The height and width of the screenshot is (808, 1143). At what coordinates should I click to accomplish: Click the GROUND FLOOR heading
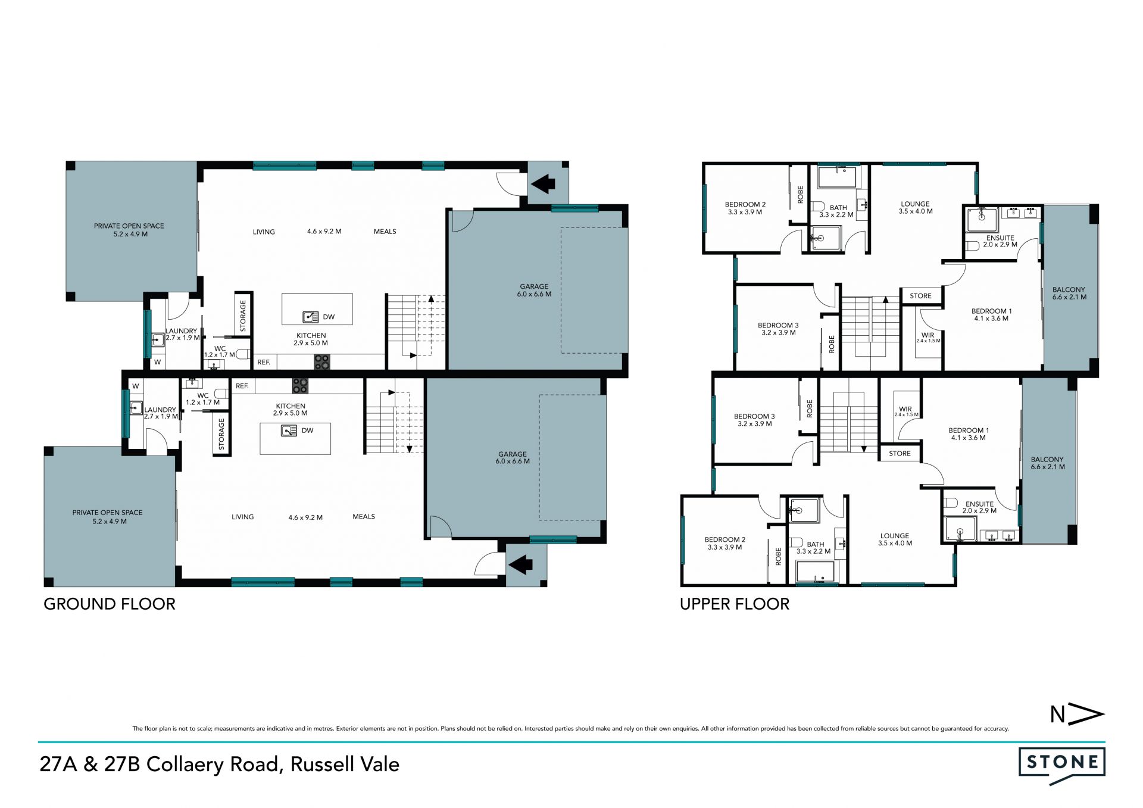(110, 604)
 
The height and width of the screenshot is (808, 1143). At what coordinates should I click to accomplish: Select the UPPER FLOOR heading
(735, 604)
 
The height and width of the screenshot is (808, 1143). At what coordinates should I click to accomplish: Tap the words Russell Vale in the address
(345, 764)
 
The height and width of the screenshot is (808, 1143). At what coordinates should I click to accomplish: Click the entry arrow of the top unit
(542, 184)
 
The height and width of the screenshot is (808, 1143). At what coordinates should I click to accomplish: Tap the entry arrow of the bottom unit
(520, 564)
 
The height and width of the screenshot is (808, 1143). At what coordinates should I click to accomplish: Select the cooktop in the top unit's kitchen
(321, 361)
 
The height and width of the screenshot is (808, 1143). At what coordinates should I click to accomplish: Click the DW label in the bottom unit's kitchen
(307, 430)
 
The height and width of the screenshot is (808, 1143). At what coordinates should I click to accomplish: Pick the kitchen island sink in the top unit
(310, 316)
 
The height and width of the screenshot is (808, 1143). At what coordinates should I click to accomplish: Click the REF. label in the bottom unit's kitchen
(242, 386)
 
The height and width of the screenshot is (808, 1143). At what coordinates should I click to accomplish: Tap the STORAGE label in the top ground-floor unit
(243, 316)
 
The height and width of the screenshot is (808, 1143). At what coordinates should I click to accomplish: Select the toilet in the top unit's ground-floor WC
(243, 354)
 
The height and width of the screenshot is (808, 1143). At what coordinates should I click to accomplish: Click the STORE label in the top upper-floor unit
(920, 296)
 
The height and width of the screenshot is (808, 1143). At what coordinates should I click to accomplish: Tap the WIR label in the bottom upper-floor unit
(905, 409)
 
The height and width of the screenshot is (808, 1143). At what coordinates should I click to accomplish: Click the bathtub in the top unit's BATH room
(839, 177)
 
